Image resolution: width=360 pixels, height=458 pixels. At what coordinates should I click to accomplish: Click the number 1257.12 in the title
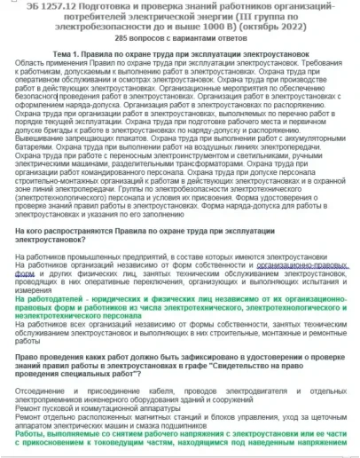(55, 6)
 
